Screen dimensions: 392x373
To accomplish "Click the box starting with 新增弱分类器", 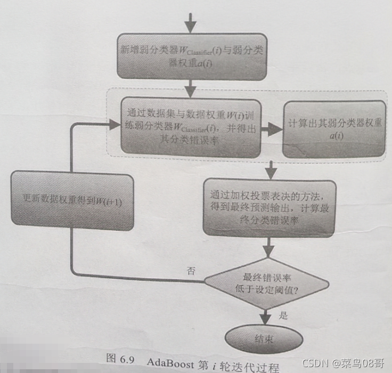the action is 192,58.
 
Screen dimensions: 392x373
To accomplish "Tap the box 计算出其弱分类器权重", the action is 334,128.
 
